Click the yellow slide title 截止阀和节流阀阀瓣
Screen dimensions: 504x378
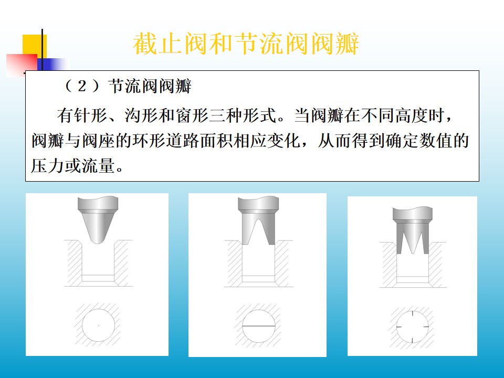click(246, 44)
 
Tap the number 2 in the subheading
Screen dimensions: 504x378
click(82, 86)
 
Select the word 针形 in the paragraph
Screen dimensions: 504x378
click(90, 115)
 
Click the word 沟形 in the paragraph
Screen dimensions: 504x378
click(141, 115)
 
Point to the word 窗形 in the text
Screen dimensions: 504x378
click(192, 115)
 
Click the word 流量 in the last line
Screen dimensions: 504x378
click(98, 166)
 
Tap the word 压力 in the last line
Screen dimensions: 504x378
click(48, 166)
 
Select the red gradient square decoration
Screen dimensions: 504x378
click(22, 65)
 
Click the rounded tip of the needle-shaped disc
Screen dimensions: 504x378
click(98, 240)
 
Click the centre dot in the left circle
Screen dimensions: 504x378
click(98, 325)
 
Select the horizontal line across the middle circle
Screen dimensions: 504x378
click(259, 326)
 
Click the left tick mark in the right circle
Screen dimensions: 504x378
click(399, 327)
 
